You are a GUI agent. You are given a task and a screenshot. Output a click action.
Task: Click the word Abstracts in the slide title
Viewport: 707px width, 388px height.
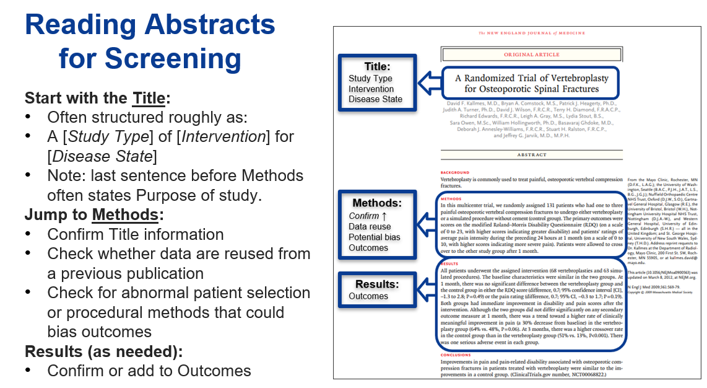(210, 25)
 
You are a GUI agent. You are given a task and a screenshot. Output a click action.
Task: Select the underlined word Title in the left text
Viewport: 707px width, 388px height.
(149, 99)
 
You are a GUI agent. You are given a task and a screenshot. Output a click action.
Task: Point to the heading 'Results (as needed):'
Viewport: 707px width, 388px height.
(104, 351)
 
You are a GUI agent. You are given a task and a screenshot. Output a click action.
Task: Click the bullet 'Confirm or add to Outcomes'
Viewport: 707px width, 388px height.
(149, 371)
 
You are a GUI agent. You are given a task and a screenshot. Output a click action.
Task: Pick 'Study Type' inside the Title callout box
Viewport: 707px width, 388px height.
(370, 79)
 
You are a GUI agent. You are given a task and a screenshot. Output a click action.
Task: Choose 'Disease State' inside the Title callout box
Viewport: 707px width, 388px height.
(375, 99)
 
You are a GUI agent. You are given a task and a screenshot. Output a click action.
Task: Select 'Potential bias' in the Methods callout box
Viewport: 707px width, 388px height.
(375, 237)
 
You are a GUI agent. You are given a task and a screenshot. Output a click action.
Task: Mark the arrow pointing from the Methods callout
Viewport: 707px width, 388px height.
(427, 221)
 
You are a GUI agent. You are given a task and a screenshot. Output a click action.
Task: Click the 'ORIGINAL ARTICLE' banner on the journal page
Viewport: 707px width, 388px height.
(531, 55)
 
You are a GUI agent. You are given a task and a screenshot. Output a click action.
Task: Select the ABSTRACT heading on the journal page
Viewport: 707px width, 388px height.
(531, 155)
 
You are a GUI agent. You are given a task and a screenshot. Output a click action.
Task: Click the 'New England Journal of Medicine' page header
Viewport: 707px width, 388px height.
(531, 33)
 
